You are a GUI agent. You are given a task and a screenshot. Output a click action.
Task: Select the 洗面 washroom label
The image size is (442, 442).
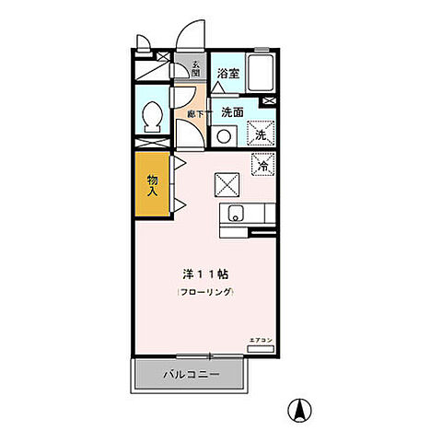pyautogui.click(x=231, y=112)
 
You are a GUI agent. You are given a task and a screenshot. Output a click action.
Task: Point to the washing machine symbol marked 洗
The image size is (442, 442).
pyautogui.click(x=261, y=134)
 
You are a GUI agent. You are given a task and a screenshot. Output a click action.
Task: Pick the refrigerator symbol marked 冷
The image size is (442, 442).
pyautogui.click(x=262, y=167)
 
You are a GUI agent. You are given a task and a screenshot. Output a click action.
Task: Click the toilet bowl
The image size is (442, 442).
pyautogui.click(x=155, y=117)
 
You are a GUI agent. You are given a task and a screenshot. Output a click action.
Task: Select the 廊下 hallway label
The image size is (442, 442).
pyautogui.click(x=194, y=113)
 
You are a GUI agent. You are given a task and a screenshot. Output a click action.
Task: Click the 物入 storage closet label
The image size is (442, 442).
pyautogui.click(x=153, y=185)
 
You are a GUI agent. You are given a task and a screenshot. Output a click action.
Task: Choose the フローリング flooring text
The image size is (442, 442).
pyautogui.click(x=206, y=292)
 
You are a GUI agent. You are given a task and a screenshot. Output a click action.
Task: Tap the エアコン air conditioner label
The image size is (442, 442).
pyautogui.click(x=262, y=342)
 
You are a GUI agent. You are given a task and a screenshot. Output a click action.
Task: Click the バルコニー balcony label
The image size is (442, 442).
pyautogui.click(x=191, y=375)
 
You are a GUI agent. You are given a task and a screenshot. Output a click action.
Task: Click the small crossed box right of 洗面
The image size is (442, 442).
pyautogui.click(x=269, y=101)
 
